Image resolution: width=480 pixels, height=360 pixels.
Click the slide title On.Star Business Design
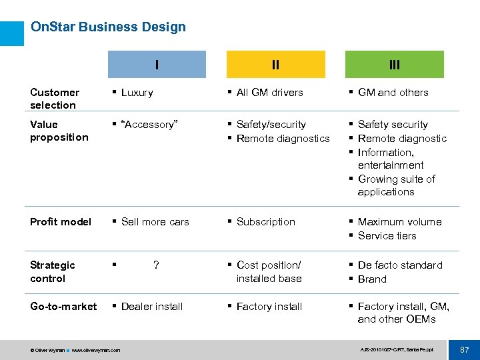pyautogui.click(x=108, y=27)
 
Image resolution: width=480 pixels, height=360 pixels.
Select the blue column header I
pyautogui.click(x=157, y=65)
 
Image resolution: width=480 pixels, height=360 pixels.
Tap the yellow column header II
pyautogui.click(x=275, y=65)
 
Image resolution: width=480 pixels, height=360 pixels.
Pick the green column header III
pyautogui.click(x=394, y=65)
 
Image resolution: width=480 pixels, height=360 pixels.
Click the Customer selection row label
pyautogui.click(x=55, y=99)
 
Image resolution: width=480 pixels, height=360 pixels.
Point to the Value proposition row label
pyautogui.click(x=59, y=131)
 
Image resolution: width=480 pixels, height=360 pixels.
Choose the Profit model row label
pyautogui.click(x=61, y=222)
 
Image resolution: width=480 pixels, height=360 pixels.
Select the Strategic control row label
pyautogui.click(x=52, y=271)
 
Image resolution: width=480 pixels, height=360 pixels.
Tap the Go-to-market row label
pyautogui.click(x=63, y=307)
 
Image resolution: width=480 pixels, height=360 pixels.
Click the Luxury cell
pyautogui.click(x=137, y=93)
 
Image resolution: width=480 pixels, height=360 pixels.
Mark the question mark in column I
pyautogui.click(x=156, y=265)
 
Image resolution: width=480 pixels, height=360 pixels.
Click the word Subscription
pyautogui.click(x=265, y=222)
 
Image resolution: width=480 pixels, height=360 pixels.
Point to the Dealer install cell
pyautogui.click(x=152, y=307)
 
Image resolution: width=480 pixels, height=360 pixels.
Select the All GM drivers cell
pyautogui.click(x=269, y=93)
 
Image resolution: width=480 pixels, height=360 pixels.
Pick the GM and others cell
pyautogui.click(x=393, y=93)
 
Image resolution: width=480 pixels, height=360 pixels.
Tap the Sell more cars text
pyautogui.click(x=155, y=222)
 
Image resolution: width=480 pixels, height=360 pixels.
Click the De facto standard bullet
pyautogui.click(x=399, y=265)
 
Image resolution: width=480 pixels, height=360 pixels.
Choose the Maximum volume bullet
pyautogui.click(x=399, y=222)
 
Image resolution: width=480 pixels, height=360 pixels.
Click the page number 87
pyautogui.click(x=464, y=349)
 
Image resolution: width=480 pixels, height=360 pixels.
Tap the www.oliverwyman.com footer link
pyautogui.click(x=96, y=350)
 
